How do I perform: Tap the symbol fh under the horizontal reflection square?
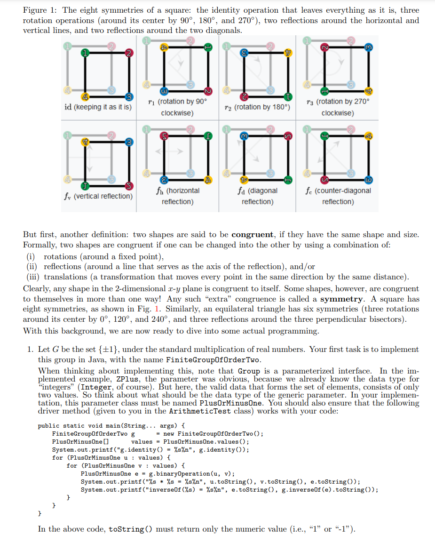pyautogui.click(x=158, y=191)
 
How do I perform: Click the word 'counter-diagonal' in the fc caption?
pyautogui.click(x=346, y=191)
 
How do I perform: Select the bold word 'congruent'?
pyautogui.click(x=253, y=235)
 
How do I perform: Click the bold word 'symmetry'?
pyautogui.click(x=341, y=299)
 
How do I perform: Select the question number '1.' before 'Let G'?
pyautogui.click(x=30, y=350)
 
